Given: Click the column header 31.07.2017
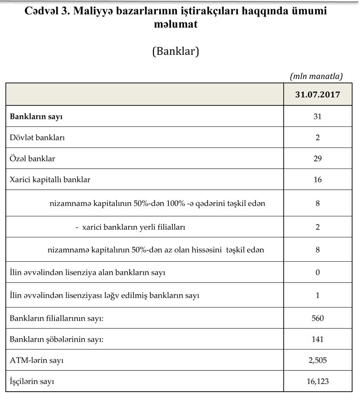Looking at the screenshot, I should pos(317,95).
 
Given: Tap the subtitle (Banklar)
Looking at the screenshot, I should pos(175,51).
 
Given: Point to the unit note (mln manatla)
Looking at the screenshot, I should pos(316,76).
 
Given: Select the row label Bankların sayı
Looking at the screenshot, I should pos(36,116).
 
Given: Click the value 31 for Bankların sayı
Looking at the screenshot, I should pos(318,116).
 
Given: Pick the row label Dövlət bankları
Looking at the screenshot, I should pos(37,138).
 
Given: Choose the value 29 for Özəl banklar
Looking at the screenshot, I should pos(318,158).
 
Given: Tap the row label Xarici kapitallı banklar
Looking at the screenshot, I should pos(50,179).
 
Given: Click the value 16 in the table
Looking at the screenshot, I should pos(318,179).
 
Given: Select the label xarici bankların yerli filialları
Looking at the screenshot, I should pos(134,227).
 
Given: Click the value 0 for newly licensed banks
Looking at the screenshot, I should pos(318,273).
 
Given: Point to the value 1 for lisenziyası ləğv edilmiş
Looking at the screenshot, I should pos(318,295).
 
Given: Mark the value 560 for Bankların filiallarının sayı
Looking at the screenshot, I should pos(318,318).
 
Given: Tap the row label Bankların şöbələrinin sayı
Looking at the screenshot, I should pos(57,339).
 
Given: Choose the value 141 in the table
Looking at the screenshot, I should pos(318,339).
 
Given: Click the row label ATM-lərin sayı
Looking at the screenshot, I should pos(40,360).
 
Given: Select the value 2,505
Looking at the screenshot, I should pos(318,360).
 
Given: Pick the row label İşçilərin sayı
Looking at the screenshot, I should pos(32,381).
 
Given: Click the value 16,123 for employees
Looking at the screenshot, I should pos(318,381).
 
